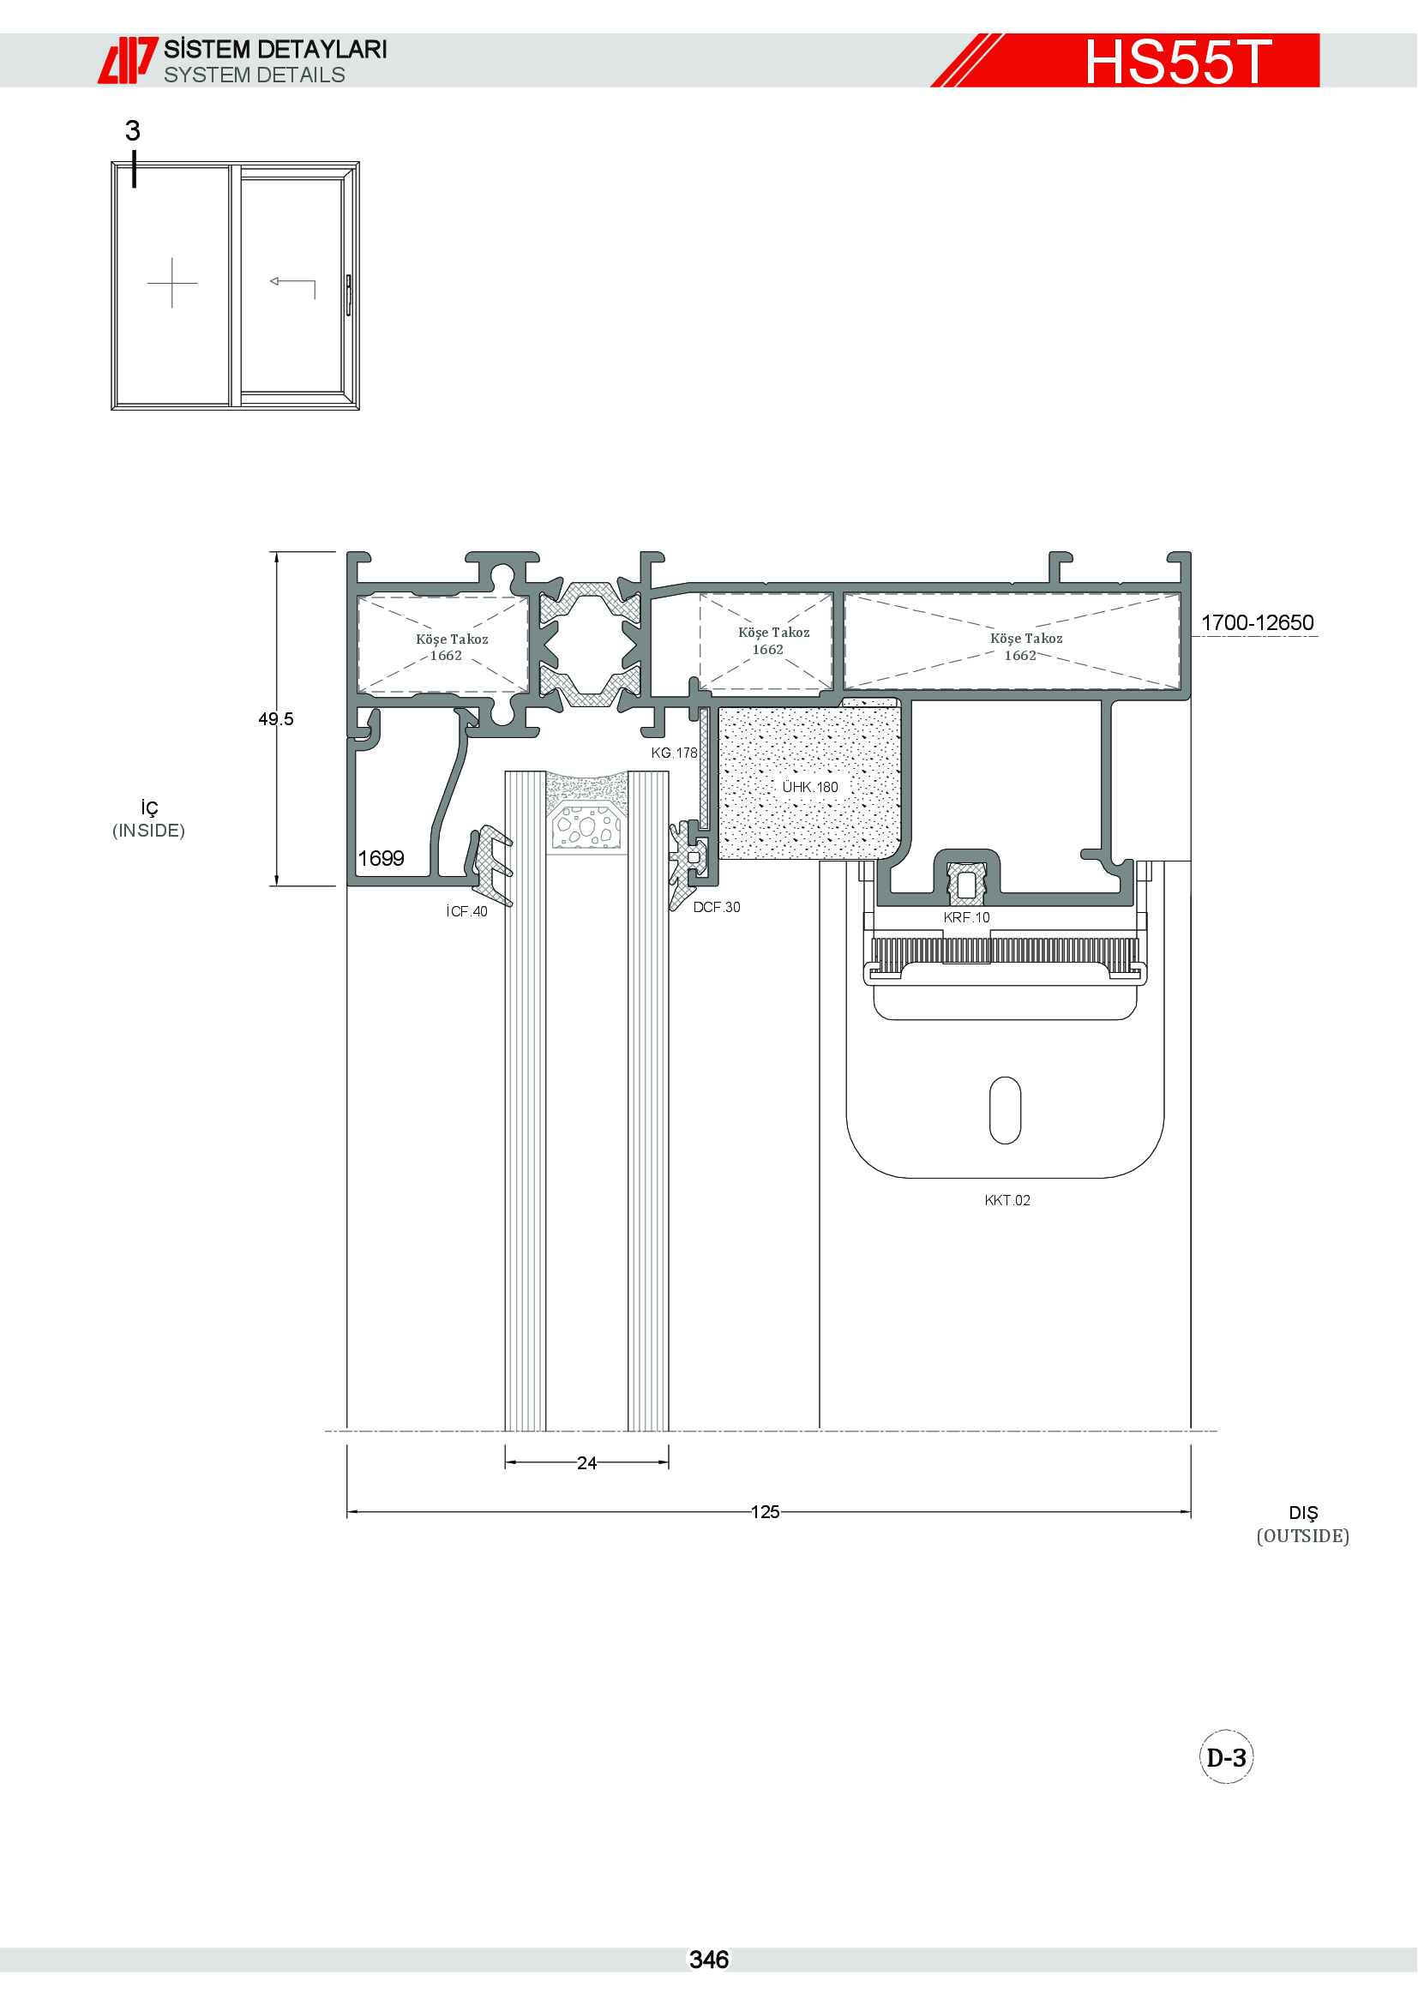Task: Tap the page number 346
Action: (709, 1960)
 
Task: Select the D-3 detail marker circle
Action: (1226, 1757)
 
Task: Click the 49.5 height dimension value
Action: (276, 718)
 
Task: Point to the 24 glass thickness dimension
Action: (586, 1462)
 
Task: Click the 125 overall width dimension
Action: (765, 1511)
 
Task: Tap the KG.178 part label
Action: (674, 753)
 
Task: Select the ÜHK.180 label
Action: (809, 787)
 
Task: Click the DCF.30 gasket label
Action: (716, 907)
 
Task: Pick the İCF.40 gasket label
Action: (467, 912)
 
